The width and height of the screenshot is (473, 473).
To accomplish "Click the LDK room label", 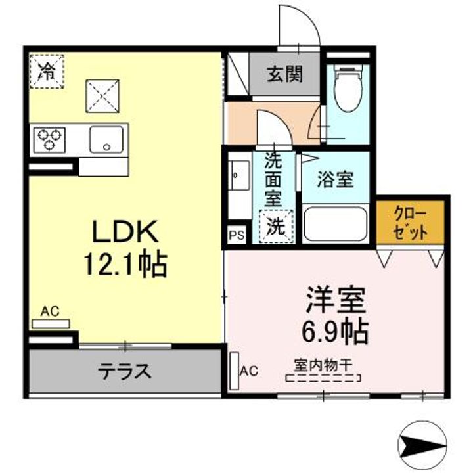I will click(124, 233).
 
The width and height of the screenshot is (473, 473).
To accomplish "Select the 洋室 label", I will click(334, 302).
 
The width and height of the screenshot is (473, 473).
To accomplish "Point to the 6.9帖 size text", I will click(334, 332).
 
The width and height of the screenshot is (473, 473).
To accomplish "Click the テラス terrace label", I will click(125, 372).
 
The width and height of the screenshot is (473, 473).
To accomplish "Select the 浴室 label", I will click(336, 180).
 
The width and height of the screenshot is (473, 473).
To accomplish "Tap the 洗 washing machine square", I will click(276, 226).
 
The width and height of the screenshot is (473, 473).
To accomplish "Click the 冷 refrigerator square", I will click(46, 71).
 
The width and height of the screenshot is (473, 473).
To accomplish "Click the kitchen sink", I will click(106, 139).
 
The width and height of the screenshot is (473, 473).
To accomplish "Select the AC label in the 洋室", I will click(249, 371).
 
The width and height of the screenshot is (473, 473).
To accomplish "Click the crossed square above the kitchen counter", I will click(102, 96).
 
